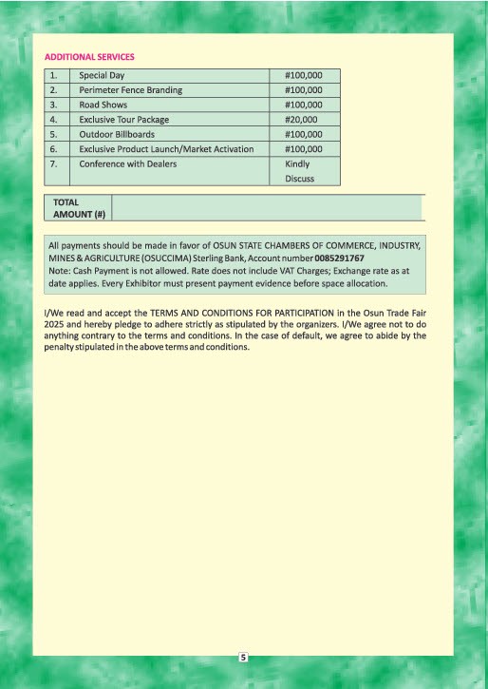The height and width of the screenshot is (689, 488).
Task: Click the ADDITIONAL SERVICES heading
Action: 89,57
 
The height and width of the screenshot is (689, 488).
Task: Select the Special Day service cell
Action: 102,74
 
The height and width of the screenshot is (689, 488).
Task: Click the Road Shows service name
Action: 103,105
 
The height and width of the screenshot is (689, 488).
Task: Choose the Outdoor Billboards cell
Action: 118,135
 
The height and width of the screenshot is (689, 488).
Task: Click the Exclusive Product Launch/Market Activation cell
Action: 166,149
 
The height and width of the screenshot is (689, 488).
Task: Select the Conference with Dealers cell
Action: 127,164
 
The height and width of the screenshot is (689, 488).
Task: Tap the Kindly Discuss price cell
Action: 300,171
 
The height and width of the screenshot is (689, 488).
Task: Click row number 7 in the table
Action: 54,164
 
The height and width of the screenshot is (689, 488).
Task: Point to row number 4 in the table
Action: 54,120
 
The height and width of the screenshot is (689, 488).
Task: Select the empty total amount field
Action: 266,208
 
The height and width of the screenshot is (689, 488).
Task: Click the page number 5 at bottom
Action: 243,658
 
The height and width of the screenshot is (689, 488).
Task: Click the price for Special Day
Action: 304,74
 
